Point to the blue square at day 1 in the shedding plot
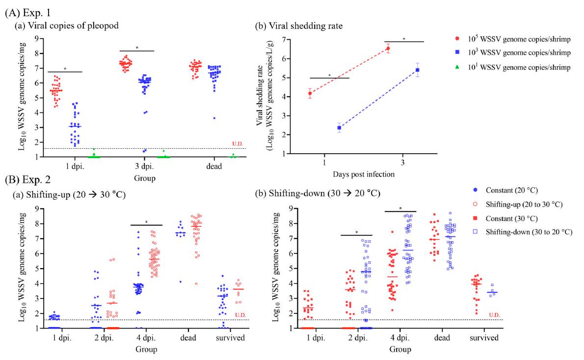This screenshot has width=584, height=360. pos(339,128)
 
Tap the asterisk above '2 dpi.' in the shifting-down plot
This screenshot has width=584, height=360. pos(356,232)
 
